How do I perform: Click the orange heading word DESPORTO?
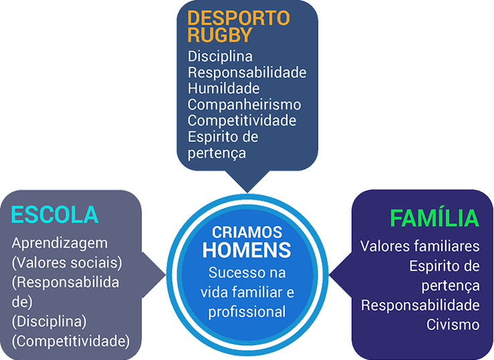(x=239, y=19)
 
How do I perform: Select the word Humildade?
(x=223, y=88)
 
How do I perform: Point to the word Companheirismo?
(x=244, y=104)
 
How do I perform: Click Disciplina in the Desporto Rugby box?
(x=220, y=56)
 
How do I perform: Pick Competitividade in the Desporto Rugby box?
(x=241, y=120)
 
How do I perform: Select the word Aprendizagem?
(x=59, y=243)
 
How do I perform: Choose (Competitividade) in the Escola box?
(x=71, y=341)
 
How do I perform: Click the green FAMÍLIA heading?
(x=435, y=219)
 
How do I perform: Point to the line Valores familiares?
(x=420, y=246)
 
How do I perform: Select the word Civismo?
(x=453, y=325)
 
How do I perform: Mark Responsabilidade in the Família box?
(x=420, y=305)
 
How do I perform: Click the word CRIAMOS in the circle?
(x=247, y=233)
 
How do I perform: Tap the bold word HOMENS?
(x=247, y=251)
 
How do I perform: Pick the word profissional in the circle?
(x=247, y=312)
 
